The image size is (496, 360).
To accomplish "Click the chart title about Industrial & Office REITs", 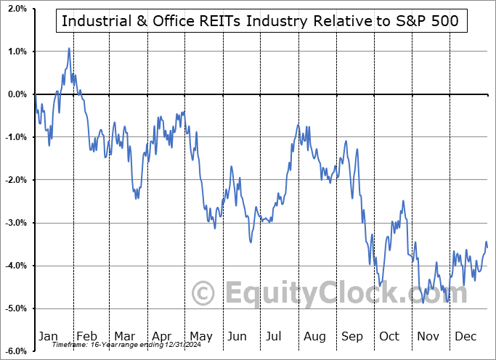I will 260,20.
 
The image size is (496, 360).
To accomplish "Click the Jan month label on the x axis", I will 49,336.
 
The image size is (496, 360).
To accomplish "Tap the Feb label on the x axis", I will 86,336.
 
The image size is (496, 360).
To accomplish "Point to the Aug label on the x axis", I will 314,336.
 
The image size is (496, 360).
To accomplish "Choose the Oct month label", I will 389,336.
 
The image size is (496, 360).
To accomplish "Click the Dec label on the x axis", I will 465,336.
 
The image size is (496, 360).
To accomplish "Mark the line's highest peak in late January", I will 69,49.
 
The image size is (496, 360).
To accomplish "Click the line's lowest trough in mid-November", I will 423,302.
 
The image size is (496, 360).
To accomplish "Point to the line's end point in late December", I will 487,247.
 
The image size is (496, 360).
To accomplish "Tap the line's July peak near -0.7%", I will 298,125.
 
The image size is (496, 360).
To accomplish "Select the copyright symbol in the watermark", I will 204,293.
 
